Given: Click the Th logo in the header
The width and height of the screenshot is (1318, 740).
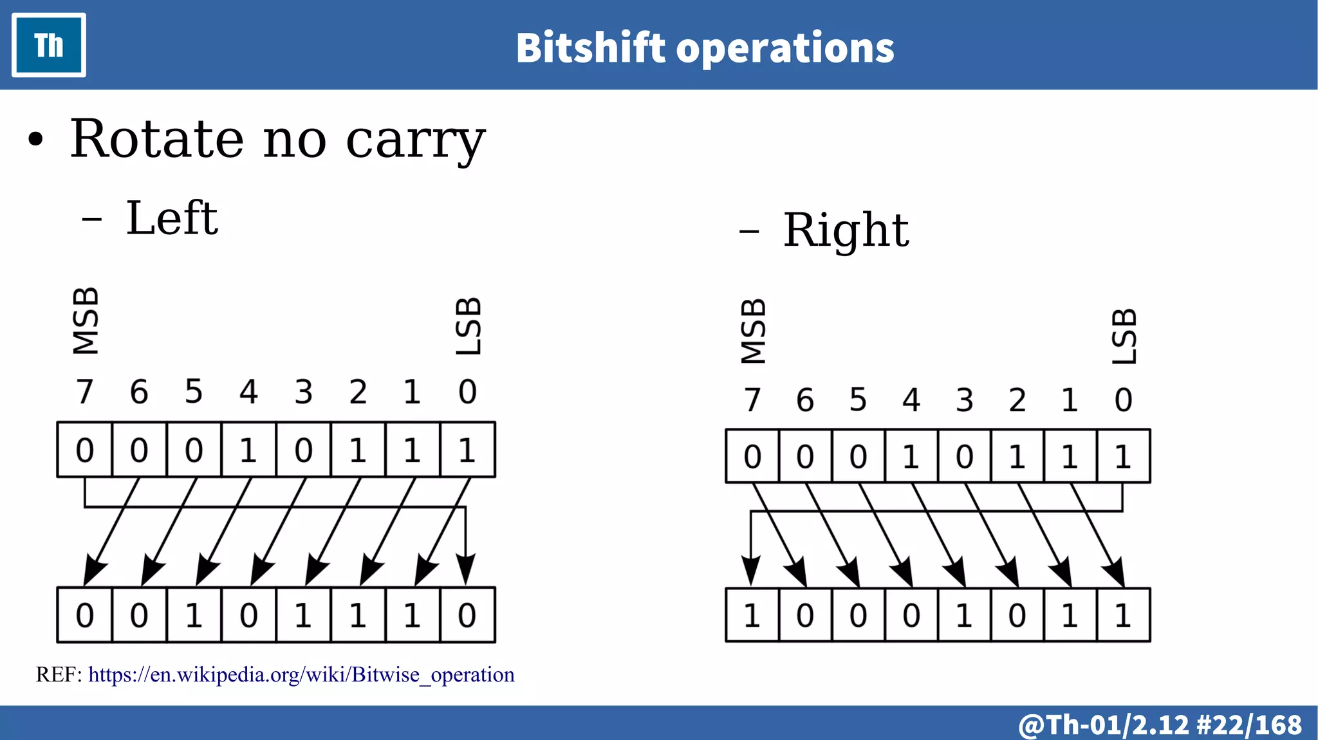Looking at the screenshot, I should tap(49, 45).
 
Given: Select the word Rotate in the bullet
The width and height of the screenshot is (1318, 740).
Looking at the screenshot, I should tap(156, 139).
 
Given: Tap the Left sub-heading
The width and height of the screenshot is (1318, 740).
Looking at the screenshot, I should tap(172, 218).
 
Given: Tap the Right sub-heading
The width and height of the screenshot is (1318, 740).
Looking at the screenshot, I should tap(846, 230).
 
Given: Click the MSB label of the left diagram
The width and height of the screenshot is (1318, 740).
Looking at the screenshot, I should tap(86, 320).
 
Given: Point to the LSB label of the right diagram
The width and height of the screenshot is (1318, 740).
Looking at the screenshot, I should tap(1124, 337).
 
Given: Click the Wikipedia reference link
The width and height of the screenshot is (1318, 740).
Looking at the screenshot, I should tap(301, 674).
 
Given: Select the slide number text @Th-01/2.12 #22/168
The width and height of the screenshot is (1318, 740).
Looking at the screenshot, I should tap(1160, 725).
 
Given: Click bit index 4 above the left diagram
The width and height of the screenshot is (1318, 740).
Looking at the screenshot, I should tap(248, 392).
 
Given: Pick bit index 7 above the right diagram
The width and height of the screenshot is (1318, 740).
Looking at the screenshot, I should tap(752, 400).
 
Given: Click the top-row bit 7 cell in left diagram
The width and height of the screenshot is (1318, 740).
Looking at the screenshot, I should tap(85, 450).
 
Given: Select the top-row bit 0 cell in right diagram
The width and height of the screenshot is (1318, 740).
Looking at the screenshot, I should tap(1123, 457).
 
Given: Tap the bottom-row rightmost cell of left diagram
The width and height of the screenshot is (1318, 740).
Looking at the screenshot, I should tap(467, 615).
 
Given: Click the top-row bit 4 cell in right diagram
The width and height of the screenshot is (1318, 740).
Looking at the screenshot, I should tap(911, 457).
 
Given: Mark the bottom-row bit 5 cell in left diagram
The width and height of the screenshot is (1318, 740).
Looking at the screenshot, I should tap(194, 615).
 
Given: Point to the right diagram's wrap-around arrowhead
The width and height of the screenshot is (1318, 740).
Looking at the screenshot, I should tap(750, 570).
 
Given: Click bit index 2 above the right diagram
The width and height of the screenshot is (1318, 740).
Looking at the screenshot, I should tap(1017, 400).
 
